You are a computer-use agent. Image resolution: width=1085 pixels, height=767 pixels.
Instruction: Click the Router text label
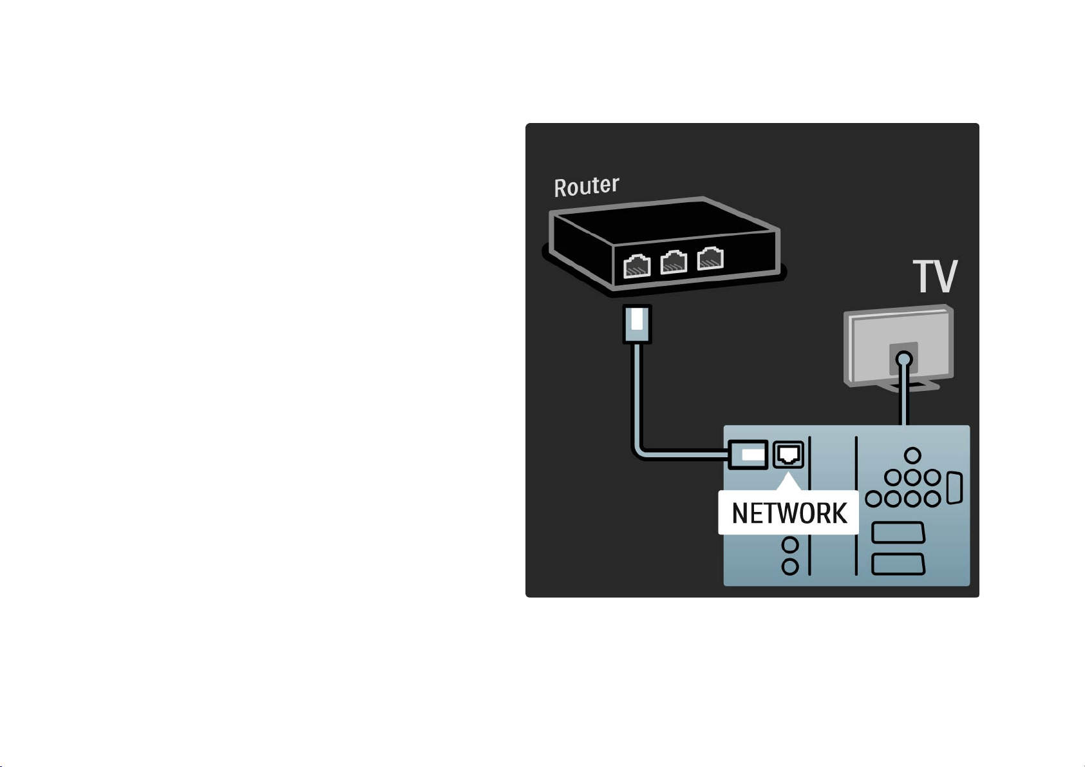point(587,186)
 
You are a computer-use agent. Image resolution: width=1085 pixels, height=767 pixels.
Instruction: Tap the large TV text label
point(935,276)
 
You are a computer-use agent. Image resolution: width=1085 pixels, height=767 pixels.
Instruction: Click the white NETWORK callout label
point(789,513)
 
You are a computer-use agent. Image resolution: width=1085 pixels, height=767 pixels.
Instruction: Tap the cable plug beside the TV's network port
point(748,455)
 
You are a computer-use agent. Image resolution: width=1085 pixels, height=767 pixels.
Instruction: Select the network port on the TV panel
point(788,455)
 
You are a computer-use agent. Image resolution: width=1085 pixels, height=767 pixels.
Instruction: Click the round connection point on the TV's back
point(903,359)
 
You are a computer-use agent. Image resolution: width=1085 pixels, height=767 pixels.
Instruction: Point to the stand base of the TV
point(910,386)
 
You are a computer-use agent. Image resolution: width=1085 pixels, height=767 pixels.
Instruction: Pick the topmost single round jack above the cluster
point(912,455)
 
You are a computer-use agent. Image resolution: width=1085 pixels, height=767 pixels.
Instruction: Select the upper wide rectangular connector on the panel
point(898,533)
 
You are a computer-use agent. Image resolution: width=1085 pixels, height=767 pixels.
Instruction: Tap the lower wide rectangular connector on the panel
point(898,564)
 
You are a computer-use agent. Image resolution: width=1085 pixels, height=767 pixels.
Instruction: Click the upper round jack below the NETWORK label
point(790,545)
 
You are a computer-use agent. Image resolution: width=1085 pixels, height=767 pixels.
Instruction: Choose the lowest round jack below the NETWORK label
point(790,567)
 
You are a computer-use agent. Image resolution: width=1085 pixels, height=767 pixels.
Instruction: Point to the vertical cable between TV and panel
point(903,395)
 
